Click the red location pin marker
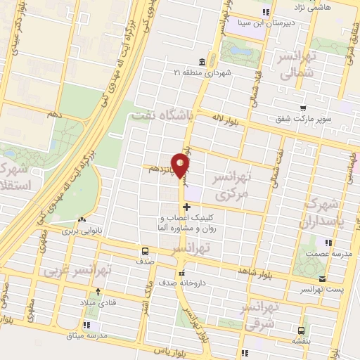pyautogui.click(x=181, y=165)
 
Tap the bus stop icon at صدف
pyautogui.click(x=145, y=250)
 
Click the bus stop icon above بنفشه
pyautogui.click(x=301, y=330)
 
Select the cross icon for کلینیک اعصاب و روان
pyautogui.click(x=186, y=207)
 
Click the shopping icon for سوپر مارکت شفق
pyautogui.click(x=302, y=108)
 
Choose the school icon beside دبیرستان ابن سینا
pyautogui.click(x=266, y=12)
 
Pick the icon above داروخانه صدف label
pyautogui.click(x=182, y=273)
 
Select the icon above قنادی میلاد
pyautogui.click(x=98, y=290)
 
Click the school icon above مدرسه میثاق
pyautogui.click(x=86, y=325)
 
